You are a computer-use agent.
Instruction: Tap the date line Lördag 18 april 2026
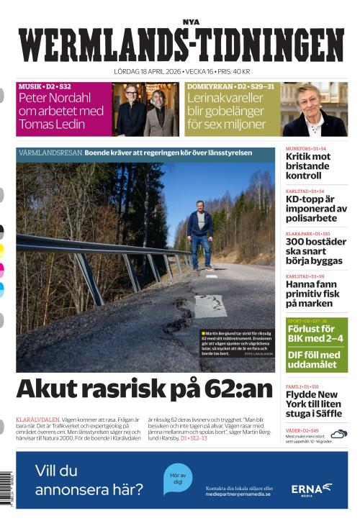pos(181,72)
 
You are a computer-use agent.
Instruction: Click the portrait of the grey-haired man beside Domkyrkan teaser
pos(315,109)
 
